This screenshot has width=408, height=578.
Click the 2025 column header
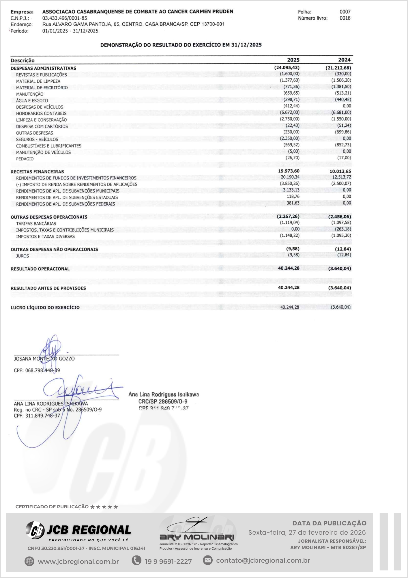pyautogui.click(x=293, y=60)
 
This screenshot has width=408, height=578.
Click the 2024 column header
pyautogui.click(x=344, y=60)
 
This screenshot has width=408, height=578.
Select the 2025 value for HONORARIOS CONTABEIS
pyautogui.click(x=290, y=112)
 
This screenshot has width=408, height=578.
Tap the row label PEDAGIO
pyautogui.click(x=25, y=159)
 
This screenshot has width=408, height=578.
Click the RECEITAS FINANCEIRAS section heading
pyautogui.click(x=37, y=172)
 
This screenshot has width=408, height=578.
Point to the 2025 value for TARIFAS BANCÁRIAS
pyautogui.click(x=290, y=223)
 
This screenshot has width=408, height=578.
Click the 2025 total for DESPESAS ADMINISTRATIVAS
pyautogui.click(x=287, y=68)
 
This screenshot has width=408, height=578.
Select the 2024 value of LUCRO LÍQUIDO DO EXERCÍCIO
pyautogui.click(x=341, y=307)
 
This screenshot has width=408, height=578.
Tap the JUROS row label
pyautogui.click(x=23, y=256)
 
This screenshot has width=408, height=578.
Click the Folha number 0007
pyautogui.click(x=345, y=12)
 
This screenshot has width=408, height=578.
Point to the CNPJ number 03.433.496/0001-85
pyautogui.click(x=65, y=18)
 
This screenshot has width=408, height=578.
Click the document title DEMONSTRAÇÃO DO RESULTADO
pyautogui.click(x=181, y=45)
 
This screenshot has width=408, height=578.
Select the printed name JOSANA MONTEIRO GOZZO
pyautogui.click(x=44, y=359)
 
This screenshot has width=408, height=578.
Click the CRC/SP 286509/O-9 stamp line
pyautogui.click(x=163, y=401)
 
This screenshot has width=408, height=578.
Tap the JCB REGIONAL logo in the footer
pyautogui.click(x=78, y=530)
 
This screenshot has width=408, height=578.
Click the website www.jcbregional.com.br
pyautogui.click(x=78, y=562)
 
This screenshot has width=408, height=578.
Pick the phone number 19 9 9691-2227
pyautogui.click(x=168, y=562)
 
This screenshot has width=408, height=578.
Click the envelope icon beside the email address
pyautogui.click(x=207, y=560)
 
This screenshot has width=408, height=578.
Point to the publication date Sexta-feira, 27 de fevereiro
pyautogui.click(x=307, y=532)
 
